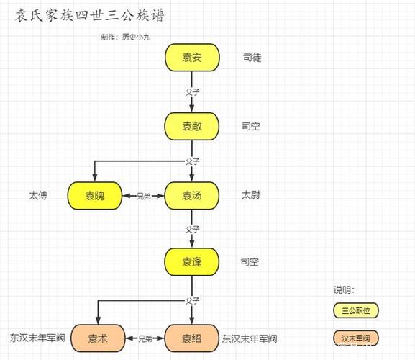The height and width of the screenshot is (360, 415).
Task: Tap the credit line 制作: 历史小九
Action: tap(131, 36)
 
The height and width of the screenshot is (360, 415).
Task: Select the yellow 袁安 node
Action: tap(191, 58)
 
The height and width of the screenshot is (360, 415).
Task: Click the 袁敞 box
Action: tap(191, 126)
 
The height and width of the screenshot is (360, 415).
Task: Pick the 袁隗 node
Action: tap(94, 195)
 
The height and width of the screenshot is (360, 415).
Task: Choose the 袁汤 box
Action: tap(191, 195)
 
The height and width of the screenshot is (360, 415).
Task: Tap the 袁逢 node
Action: tap(191, 262)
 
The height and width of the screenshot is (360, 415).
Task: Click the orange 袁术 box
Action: tap(98, 338)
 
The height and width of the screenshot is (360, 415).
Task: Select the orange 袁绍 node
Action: tap(191, 338)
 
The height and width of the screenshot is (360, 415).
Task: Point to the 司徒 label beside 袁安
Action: tap(252, 58)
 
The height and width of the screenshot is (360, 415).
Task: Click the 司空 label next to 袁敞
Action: tap(251, 127)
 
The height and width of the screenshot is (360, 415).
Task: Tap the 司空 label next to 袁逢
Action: tap(250, 262)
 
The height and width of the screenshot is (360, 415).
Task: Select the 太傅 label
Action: tap(38, 195)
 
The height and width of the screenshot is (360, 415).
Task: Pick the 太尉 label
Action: tap(251, 195)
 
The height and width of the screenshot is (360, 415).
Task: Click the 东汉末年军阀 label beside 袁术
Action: tap(37, 338)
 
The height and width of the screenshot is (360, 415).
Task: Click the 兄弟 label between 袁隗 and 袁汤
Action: tap(144, 196)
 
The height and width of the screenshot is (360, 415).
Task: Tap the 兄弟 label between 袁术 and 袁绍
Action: tap(145, 338)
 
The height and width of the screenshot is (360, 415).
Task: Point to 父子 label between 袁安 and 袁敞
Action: tap(191, 92)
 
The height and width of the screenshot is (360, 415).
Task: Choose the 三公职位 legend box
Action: tap(356, 310)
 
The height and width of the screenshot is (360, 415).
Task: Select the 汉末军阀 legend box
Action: tap(356, 338)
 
